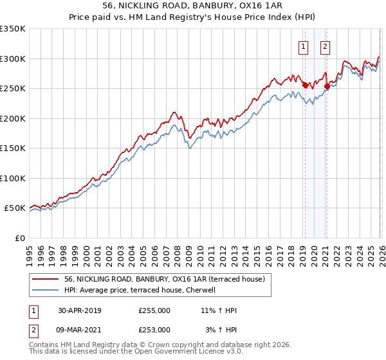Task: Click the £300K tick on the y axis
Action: [x=13, y=59]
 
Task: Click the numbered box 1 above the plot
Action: [x=303, y=46]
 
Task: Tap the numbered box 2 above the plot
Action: [x=326, y=46]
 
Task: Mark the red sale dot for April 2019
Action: [x=304, y=85]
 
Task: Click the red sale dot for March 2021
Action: [x=326, y=86]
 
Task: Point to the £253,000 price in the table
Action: [x=154, y=329]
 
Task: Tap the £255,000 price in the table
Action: [x=154, y=310]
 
